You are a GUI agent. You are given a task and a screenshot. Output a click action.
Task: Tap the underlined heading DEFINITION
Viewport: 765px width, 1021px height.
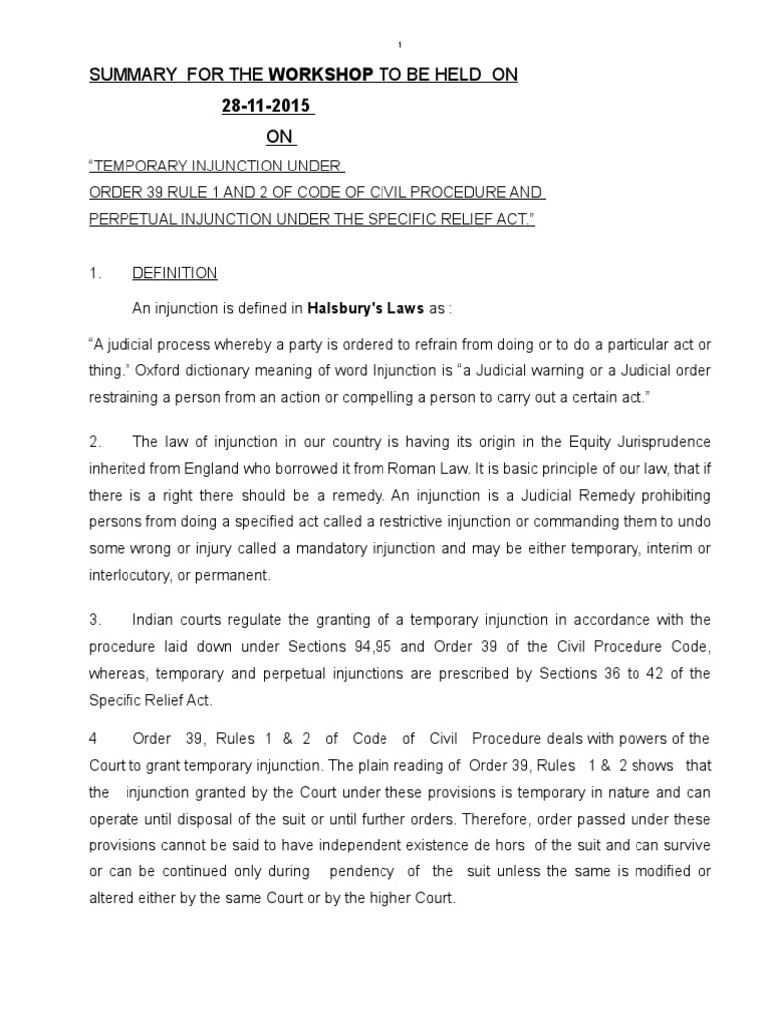175,273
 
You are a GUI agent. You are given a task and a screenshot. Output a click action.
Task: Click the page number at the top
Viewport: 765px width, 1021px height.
399,45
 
